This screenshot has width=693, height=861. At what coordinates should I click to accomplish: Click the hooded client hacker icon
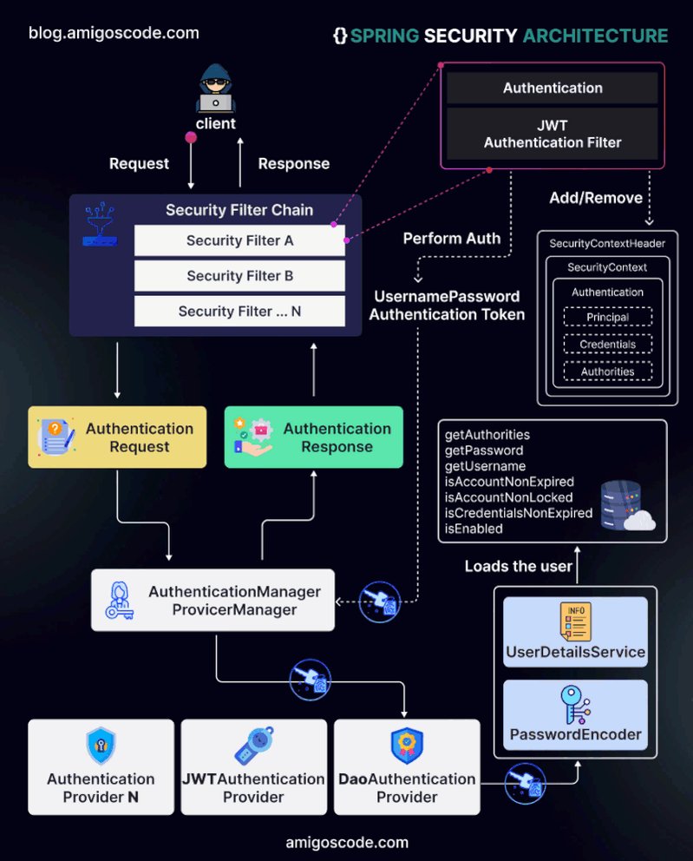click(x=216, y=89)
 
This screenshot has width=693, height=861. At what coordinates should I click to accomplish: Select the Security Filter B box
click(x=239, y=276)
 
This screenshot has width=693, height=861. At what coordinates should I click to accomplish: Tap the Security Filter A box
click(x=239, y=240)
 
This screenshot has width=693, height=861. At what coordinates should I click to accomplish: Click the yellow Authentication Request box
click(x=117, y=437)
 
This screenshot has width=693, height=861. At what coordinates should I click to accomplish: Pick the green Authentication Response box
click(x=314, y=437)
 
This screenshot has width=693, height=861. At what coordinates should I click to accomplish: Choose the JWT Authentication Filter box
click(x=552, y=134)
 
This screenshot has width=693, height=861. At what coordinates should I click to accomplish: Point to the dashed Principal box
click(x=608, y=317)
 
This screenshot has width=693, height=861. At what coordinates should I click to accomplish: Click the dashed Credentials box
click(x=608, y=344)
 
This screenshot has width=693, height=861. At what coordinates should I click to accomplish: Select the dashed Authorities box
click(x=608, y=371)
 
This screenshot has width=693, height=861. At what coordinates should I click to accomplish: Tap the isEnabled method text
click(x=474, y=529)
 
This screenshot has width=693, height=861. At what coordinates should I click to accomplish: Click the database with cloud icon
click(x=627, y=505)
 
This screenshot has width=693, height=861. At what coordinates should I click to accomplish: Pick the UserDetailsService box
click(x=576, y=632)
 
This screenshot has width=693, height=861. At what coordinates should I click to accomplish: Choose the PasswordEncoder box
click(x=576, y=714)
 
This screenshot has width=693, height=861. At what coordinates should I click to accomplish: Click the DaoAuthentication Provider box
click(x=407, y=767)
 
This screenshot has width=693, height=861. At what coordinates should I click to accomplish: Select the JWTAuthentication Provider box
click(x=254, y=767)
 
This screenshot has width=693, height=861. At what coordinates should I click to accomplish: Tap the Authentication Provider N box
click(x=101, y=767)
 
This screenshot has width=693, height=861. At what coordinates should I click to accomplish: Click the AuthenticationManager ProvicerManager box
click(x=212, y=600)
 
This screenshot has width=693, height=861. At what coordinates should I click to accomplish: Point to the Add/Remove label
click(x=596, y=198)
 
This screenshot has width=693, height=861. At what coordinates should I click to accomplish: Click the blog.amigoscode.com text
click(x=114, y=33)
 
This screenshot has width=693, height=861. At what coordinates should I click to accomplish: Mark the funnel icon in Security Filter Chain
click(x=100, y=224)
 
